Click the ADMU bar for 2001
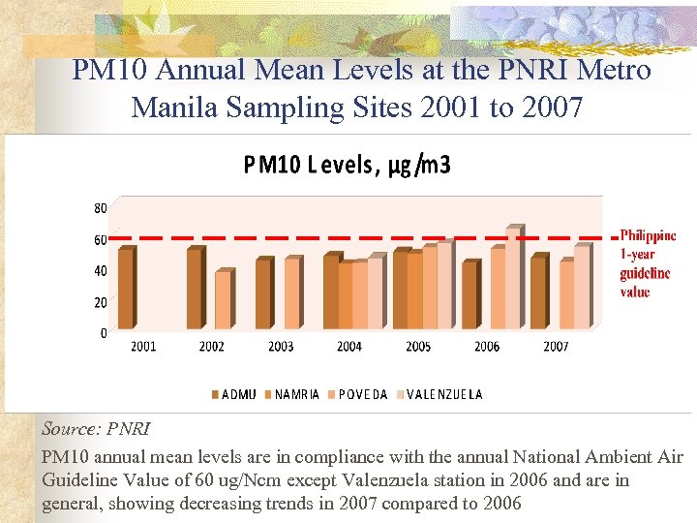(126, 289)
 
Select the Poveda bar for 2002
(223, 300)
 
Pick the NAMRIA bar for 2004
(346, 295)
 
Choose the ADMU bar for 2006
(470, 295)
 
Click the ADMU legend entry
(234, 394)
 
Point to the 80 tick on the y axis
(101, 208)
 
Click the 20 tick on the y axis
(101, 302)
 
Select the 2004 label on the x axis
(349, 346)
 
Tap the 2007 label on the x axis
(556, 346)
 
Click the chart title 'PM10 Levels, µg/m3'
(347, 166)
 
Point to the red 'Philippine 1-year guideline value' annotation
(647, 263)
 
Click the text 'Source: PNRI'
(96, 427)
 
